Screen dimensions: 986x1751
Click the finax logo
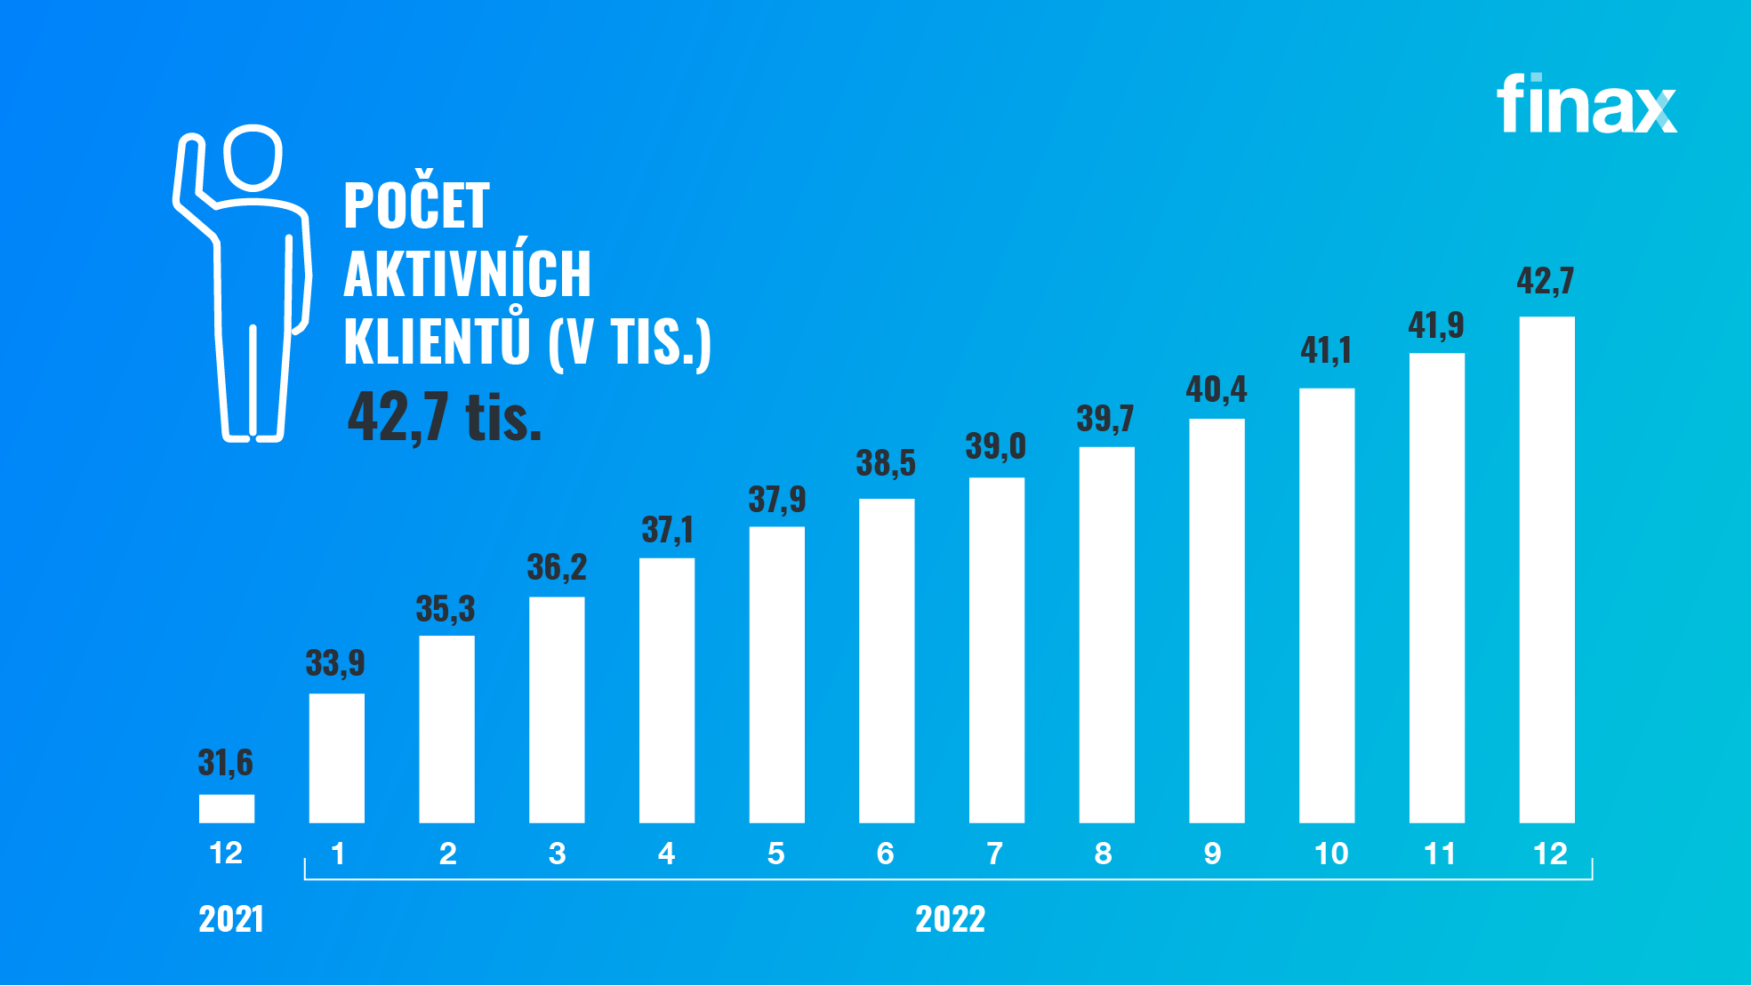click(x=1586, y=105)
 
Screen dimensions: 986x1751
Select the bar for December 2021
click(x=227, y=808)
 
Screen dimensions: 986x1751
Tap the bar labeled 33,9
click(x=337, y=758)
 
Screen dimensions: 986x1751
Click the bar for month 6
click(x=887, y=660)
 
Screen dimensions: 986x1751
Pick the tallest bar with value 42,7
click(x=1546, y=569)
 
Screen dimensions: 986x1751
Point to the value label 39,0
click(x=996, y=446)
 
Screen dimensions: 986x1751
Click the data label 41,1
click(x=1326, y=350)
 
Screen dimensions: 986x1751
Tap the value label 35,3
click(x=446, y=609)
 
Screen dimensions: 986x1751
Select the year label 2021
click(x=231, y=919)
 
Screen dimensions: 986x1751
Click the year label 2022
click(x=950, y=919)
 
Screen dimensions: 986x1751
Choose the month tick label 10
click(x=1331, y=854)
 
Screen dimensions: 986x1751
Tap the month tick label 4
click(x=666, y=854)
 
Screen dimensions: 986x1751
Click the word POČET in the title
click(x=416, y=204)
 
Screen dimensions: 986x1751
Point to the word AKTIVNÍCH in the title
click(x=467, y=274)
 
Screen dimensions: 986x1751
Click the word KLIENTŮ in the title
click(x=437, y=341)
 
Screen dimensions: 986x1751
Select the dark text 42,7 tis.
click(x=444, y=417)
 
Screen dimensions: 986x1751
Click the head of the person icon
click(x=253, y=157)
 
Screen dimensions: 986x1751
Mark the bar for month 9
click(x=1217, y=621)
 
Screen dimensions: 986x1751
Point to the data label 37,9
click(x=776, y=500)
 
